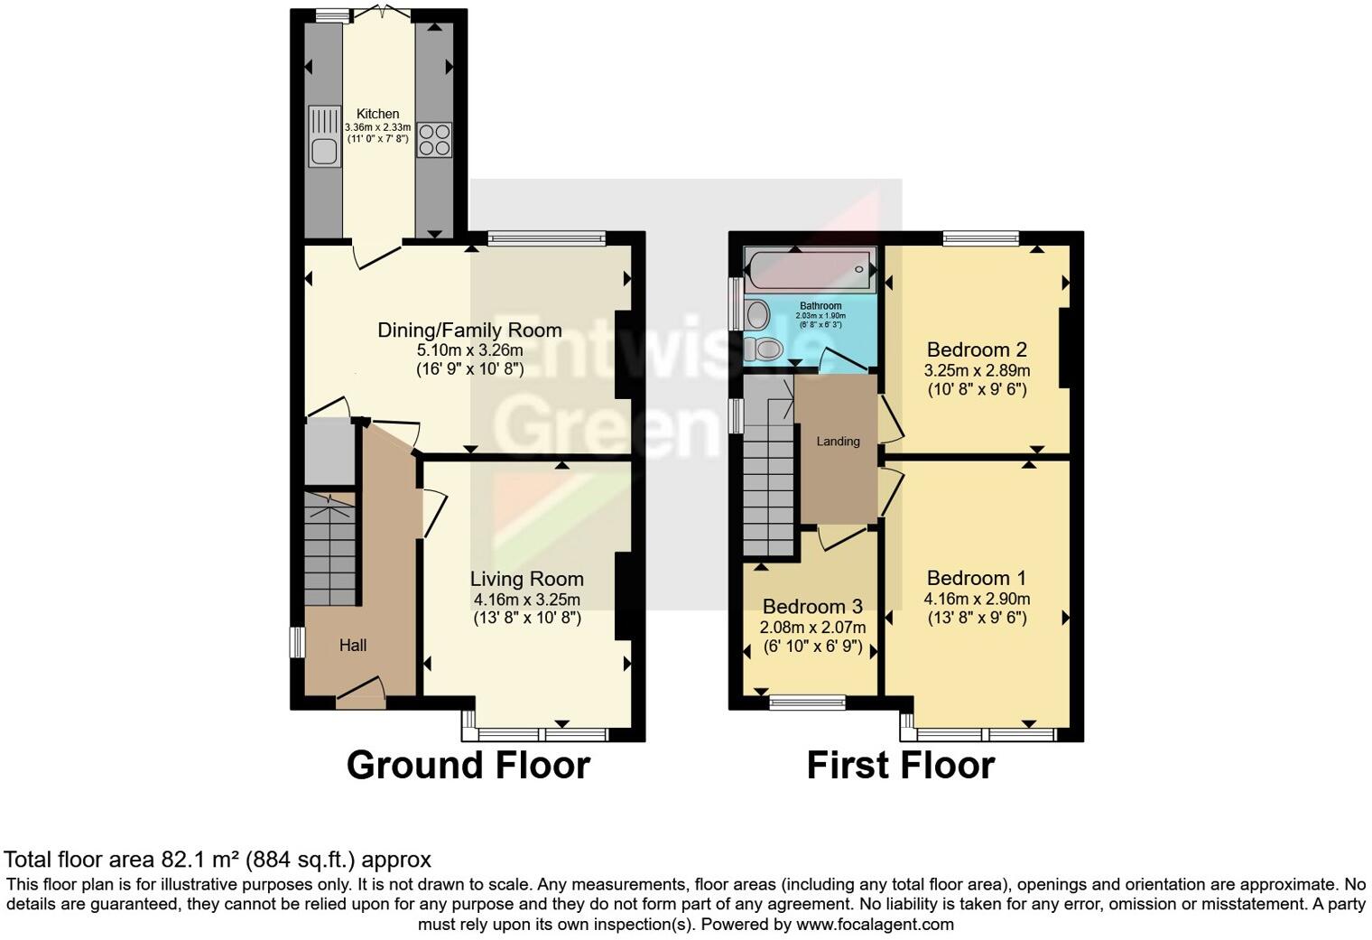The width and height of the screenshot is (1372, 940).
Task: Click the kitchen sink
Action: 322,137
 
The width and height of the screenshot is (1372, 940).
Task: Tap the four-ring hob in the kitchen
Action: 434,139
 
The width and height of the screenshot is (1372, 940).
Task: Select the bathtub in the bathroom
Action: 809,268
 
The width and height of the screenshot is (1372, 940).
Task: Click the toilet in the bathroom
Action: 765,349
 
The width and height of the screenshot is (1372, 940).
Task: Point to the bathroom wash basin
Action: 756,315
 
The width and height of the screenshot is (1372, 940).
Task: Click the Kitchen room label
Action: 377,114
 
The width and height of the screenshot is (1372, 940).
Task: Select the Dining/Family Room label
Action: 469,330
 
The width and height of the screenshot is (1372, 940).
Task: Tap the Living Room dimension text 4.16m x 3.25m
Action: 526,600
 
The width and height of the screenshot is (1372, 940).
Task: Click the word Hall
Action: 353,646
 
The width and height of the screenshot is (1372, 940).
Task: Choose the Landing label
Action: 838,442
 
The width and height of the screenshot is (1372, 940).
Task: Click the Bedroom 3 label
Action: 812,606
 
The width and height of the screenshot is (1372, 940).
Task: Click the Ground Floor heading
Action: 468,765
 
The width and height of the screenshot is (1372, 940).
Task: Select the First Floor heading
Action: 900,765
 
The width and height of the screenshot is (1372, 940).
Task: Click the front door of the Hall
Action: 360,693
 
